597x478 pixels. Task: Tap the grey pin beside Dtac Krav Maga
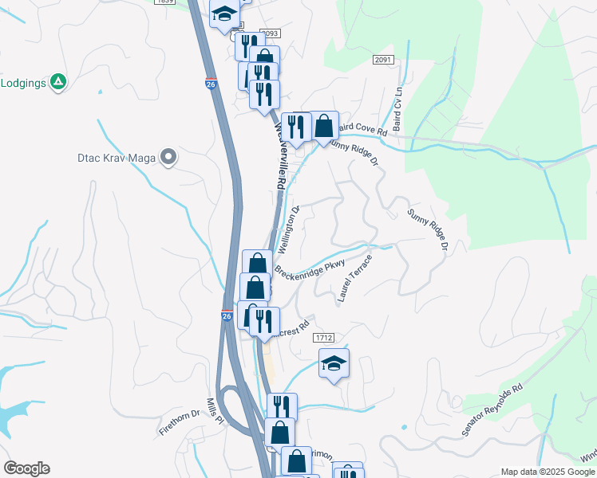(168, 158)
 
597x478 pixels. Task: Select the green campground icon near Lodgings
(57, 82)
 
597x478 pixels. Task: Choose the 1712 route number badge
(323, 338)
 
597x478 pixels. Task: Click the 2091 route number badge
(382, 60)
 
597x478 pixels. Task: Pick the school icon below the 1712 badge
(334, 364)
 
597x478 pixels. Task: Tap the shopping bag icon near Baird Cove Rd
(324, 126)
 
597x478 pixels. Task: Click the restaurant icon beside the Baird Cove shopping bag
(295, 127)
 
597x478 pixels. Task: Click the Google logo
(26, 468)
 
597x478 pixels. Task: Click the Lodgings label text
(23, 82)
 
